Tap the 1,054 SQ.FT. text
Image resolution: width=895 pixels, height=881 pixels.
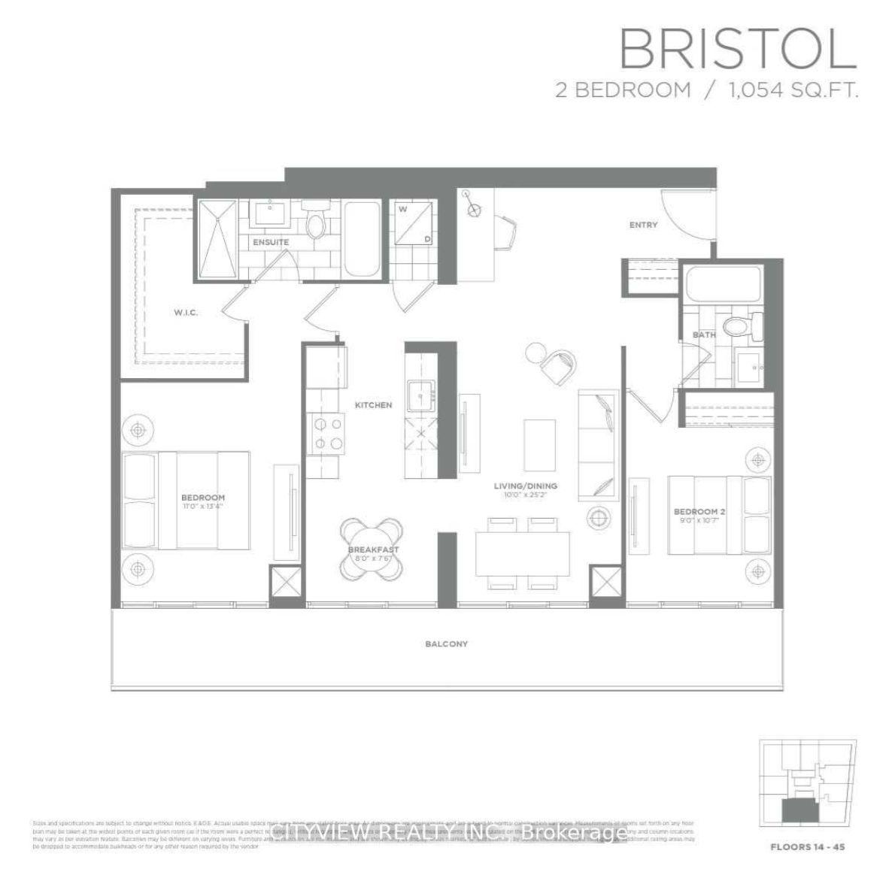tap(793, 91)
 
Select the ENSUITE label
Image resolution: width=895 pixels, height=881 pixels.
tap(270, 243)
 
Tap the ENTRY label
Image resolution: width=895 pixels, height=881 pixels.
tap(643, 225)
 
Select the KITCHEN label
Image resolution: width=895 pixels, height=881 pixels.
tap(374, 405)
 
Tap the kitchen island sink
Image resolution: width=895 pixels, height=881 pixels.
tap(419, 393)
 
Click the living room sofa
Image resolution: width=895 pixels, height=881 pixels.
tap(598, 445)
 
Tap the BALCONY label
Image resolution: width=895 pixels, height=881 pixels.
tap(446, 644)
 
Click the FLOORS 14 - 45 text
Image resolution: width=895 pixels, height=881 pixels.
tap(807, 847)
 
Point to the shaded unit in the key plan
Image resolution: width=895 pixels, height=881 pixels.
tap(799, 810)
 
